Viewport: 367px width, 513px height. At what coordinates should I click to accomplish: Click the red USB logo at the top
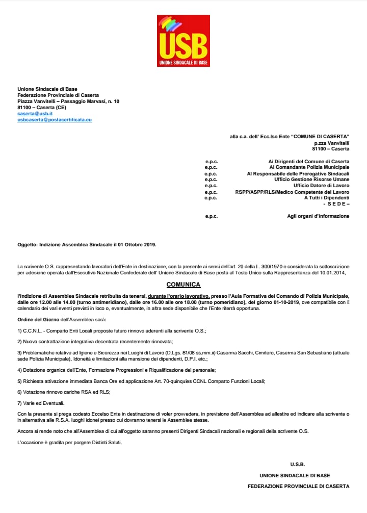[x=183, y=41]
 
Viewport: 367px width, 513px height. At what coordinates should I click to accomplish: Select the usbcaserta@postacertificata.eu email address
[x=55, y=120]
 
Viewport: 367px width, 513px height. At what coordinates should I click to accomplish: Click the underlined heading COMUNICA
[x=183, y=285]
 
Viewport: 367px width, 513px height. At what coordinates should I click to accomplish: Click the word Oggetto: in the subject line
[x=27, y=245]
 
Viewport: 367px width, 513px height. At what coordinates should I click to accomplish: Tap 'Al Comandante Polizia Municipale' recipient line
[x=309, y=167]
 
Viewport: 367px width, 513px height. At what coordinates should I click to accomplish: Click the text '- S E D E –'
[x=336, y=204]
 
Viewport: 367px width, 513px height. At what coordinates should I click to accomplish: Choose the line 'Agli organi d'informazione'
[x=318, y=216]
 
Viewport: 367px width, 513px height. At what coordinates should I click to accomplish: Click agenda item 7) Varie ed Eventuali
[x=41, y=403]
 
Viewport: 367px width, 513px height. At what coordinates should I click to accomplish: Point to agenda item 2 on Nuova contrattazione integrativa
[x=95, y=341]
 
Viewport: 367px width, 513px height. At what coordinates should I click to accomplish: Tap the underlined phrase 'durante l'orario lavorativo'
[x=178, y=296]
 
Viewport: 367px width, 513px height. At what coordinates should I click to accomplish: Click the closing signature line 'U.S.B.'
[x=297, y=465]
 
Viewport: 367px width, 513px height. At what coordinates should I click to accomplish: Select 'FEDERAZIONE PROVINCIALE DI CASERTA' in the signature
[x=298, y=486]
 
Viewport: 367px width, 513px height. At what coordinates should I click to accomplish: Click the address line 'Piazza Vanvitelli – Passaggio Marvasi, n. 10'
[x=68, y=101]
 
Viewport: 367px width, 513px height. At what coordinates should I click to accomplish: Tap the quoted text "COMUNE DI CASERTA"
[x=323, y=137]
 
